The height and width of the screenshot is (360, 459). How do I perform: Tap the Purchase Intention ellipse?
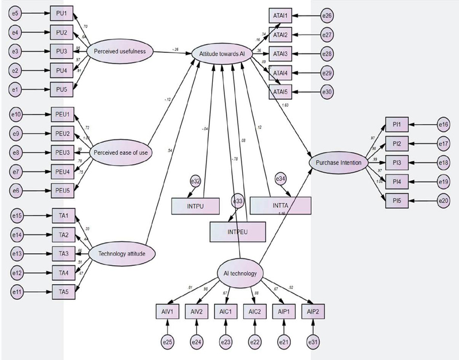point(339,162)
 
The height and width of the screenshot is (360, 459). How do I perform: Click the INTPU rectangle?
point(195,206)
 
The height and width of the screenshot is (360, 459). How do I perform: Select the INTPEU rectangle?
point(238,232)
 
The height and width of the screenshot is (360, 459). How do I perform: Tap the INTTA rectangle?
point(281,205)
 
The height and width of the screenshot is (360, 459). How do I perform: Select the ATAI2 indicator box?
point(280,34)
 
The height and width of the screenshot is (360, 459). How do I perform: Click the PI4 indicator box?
point(396,182)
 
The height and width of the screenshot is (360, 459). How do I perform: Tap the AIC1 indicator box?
point(225,311)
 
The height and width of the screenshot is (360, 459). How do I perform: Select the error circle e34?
point(281,179)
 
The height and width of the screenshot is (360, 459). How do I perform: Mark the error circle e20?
point(442,201)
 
